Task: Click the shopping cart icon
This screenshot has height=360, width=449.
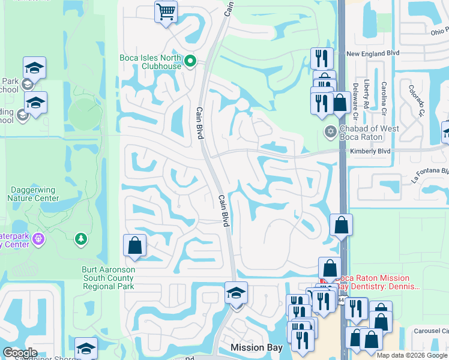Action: pyautogui.click(x=166, y=11)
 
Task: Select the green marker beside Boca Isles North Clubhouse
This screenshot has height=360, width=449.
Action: pyautogui.click(x=190, y=60)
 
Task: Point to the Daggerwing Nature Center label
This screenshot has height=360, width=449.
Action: pyautogui.click(x=34, y=194)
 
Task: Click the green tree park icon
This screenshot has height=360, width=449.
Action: pyautogui.click(x=80, y=240)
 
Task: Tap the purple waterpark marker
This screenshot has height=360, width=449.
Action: pyautogui.click(x=38, y=239)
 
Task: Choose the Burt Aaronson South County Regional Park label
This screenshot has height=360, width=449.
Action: pyautogui.click(x=109, y=278)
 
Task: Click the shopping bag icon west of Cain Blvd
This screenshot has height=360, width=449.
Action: pyautogui.click(x=134, y=245)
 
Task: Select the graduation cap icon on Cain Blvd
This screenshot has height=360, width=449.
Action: pyautogui.click(x=236, y=293)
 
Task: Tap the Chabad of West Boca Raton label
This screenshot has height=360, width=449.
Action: pyautogui.click(x=369, y=133)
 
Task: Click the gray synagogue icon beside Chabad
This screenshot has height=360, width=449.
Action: pyautogui.click(x=329, y=131)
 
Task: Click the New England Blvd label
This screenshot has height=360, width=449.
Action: pyautogui.click(x=373, y=53)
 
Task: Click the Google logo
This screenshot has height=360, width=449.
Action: pyautogui.click(x=20, y=353)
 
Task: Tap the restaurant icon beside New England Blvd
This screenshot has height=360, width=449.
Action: pyautogui.click(x=322, y=58)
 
